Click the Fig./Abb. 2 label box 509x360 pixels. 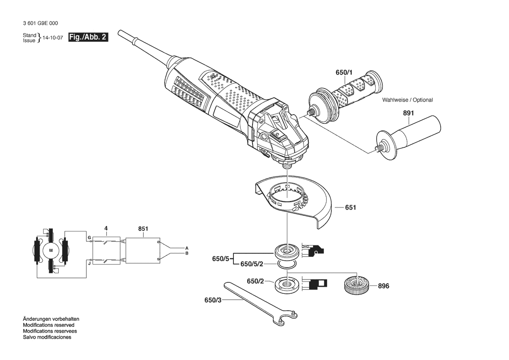(88, 37)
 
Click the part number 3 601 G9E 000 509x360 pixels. (40, 24)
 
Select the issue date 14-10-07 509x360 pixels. (53, 37)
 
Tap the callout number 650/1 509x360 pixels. (344, 72)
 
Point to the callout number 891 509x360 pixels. (408, 113)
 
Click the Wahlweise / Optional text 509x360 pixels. (408, 100)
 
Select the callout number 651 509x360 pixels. (351, 207)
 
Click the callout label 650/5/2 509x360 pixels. (252, 264)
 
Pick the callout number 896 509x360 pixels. (383, 286)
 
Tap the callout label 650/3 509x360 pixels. (213, 300)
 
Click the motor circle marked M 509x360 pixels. (51, 250)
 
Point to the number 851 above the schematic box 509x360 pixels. (143, 229)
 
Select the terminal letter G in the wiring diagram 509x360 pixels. (89, 238)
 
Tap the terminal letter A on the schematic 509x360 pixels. (187, 248)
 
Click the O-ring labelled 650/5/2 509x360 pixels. (287, 265)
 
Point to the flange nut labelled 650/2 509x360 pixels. (287, 284)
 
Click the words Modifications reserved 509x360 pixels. (49, 325)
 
